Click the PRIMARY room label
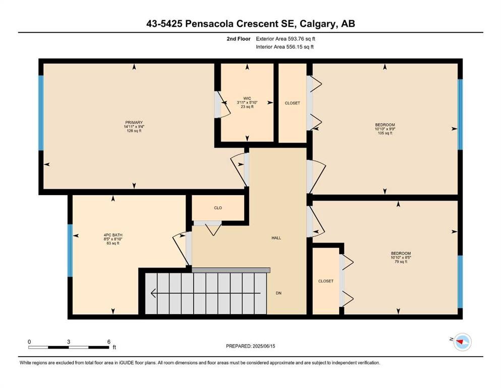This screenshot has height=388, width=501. [x=134, y=122]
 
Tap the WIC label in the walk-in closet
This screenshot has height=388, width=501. [x=247, y=99]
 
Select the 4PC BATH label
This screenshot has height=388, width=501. [x=113, y=235]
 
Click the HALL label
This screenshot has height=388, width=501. [x=276, y=238]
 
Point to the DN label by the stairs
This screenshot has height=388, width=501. [x=279, y=293]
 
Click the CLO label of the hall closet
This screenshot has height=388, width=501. [x=218, y=208]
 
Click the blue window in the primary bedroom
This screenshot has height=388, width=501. [x=41, y=113]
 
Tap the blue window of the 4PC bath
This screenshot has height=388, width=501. [x=70, y=251]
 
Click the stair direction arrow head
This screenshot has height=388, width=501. [x=153, y=293]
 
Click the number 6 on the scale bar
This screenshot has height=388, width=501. [x=108, y=342]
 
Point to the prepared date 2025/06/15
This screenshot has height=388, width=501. [x=264, y=346]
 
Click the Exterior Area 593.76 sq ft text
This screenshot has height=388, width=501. [x=286, y=39]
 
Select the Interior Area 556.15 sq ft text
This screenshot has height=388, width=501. [x=285, y=47]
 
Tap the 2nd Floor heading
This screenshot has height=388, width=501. [x=239, y=39]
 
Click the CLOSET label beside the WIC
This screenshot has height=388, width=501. [x=292, y=103]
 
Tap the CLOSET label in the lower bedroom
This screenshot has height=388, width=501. [x=326, y=281]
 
